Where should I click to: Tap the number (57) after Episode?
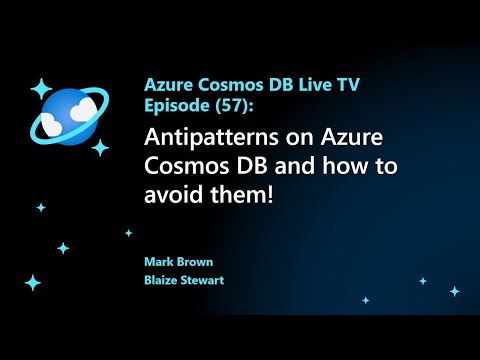point(214,106)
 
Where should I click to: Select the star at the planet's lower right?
point(99,148)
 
